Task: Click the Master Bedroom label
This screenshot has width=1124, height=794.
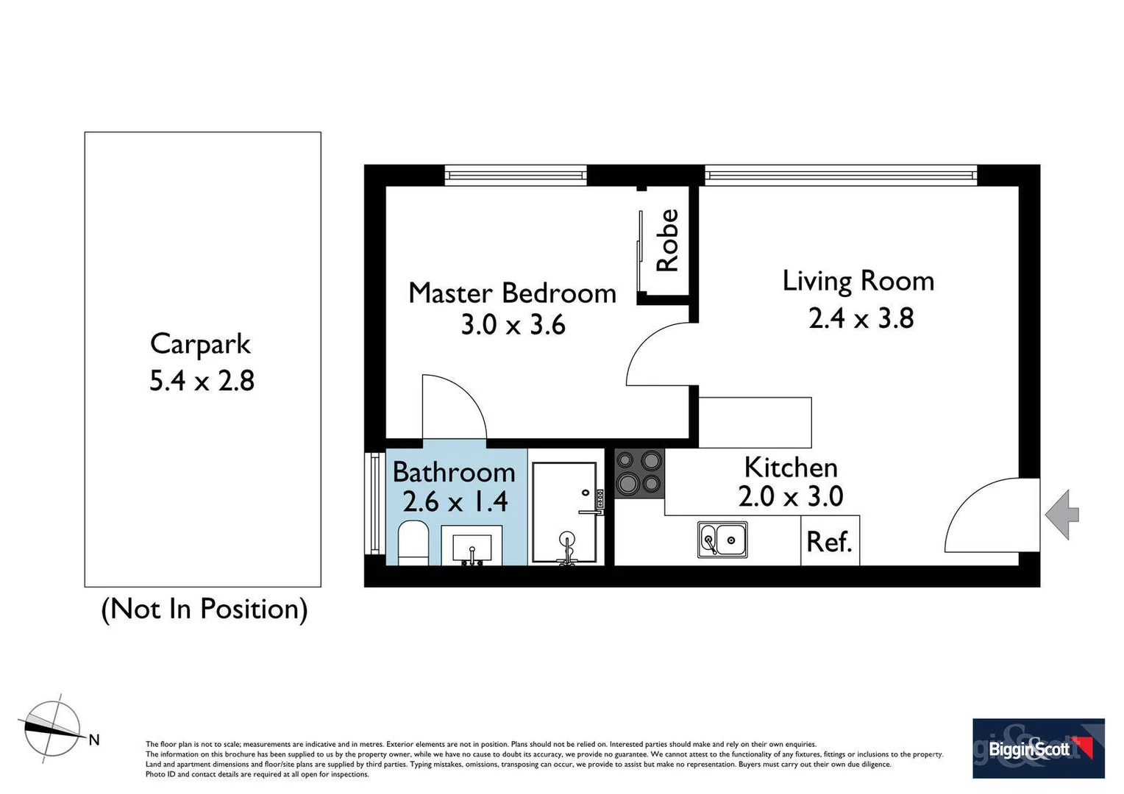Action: pyautogui.click(x=512, y=293)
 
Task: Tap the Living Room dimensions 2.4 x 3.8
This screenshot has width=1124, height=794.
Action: pyautogui.click(x=861, y=318)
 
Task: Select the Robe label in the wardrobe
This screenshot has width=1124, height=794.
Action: pyautogui.click(x=667, y=240)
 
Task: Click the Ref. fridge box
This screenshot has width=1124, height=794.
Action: pyautogui.click(x=830, y=541)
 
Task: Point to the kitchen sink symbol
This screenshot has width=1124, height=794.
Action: pyautogui.click(x=722, y=540)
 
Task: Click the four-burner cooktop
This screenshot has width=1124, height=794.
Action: pyautogui.click(x=639, y=473)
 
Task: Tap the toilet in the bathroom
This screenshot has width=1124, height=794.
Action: pyautogui.click(x=413, y=544)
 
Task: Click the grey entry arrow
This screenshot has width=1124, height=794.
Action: pyautogui.click(x=1061, y=514)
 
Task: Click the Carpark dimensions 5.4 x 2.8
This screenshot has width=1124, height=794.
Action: pyautogui.click(x=202, y=381)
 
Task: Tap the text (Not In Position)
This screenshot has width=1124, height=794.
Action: pyautogui.click(x=204, y=609)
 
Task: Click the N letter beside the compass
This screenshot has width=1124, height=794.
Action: pyautogui.click(x=94, y=740)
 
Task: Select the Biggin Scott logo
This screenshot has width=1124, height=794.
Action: pyautogui.click(x=1038, y=748)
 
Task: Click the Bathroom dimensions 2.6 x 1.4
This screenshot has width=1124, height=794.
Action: pyautogui.click(x=455, y=501)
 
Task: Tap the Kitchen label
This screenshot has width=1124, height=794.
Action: pyautogui.click(x=791, y=468)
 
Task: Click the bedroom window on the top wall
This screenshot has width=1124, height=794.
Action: pyautogui.click(x=516, y=174)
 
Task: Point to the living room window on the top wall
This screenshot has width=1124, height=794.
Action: pyautogui.click(x=841, y=174)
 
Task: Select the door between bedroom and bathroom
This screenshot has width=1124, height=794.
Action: pyautogui.click(x=455, y=408)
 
